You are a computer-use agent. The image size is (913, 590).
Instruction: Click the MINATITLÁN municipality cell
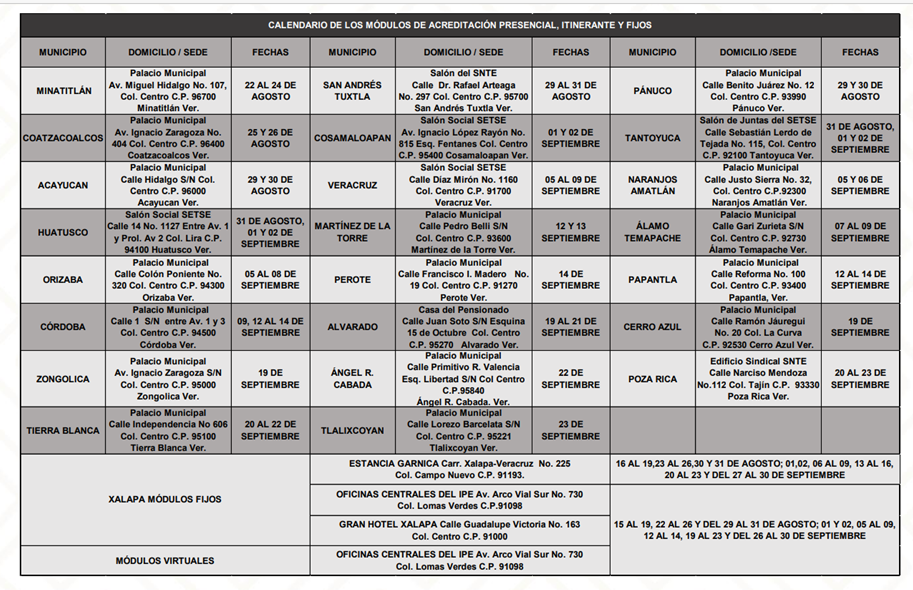(x=63, y=91)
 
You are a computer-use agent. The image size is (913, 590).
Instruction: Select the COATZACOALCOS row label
(x=63, y=138)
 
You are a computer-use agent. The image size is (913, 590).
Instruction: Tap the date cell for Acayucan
(x=270, y=185)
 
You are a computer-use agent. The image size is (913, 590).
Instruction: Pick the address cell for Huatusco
(x=168, y=232)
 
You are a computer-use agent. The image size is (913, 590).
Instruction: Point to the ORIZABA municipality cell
(x=63, y=280)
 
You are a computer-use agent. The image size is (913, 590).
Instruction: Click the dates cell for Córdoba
(x=270, y=327)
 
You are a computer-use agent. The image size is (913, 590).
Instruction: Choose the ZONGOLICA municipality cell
(x=63, y=379)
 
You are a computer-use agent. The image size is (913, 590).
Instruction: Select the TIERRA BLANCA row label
(x=63, y=431)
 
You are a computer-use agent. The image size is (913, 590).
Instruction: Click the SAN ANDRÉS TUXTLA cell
(x=352, y=91)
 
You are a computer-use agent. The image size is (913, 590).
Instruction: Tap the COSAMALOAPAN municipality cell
(x=352, y=138)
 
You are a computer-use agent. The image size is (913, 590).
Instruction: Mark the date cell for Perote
(x=570, y=280)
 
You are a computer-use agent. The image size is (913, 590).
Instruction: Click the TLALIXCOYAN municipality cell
(x=352, y=431)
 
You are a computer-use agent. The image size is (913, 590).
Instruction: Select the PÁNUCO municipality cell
(x=652, y=91)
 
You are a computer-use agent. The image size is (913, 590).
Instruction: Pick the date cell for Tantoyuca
(x=859, y=138)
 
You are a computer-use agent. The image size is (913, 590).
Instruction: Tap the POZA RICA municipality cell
(x=652, y=379)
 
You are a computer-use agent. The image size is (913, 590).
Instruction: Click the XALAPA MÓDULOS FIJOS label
(x=165, y=498)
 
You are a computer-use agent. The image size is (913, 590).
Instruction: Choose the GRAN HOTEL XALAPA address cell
(x=459, y=530)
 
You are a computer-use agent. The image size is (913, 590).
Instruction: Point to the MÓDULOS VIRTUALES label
(x=165, y=560)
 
